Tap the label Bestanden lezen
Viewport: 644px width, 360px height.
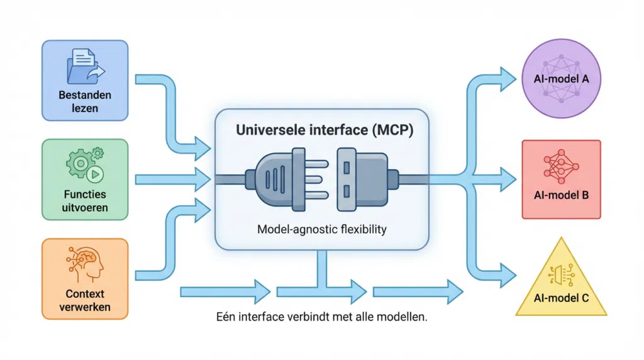(x=85, y=102)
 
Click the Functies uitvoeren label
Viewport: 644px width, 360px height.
(x=85, y=200)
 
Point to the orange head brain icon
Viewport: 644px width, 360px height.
(x=85, y=264)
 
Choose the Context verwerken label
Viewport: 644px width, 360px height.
(x=85, y=300)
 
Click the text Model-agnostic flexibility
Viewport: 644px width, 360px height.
(x=321, y=230)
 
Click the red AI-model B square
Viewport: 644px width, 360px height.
(x=561, y=179)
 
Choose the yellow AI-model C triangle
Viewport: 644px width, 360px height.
(x=561, y=280)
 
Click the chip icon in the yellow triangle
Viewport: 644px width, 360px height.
(x=561, y=273)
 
